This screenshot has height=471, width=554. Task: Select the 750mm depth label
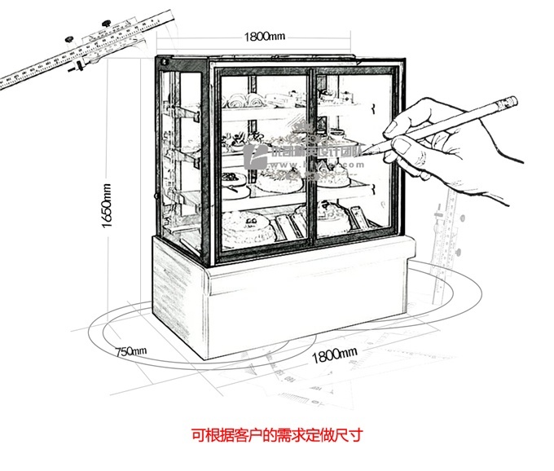130,351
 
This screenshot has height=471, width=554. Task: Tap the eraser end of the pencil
511,102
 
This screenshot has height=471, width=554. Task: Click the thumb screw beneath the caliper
80,68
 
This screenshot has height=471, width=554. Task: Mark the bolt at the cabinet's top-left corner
163,62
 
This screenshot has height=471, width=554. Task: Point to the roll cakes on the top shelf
244,101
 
